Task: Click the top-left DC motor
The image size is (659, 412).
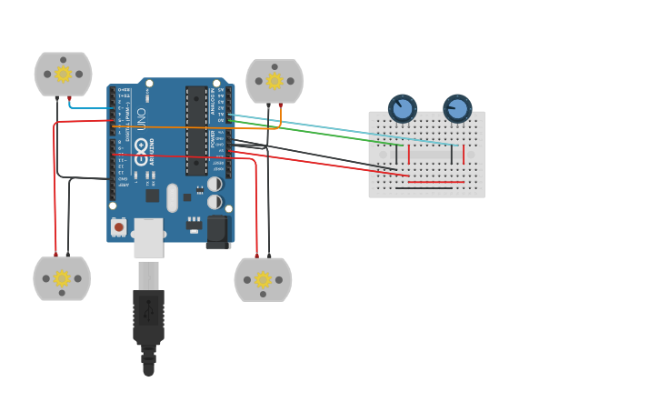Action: (x=63, y=74)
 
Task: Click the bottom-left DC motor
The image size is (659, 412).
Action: (x=62, y=278)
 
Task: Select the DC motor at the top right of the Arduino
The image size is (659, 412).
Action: (x=275, y=81)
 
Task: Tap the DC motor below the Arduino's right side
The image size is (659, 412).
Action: (x=263, y=279)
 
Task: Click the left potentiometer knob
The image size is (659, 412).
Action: (x=402, y=108)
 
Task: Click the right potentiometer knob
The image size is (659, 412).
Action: (x=457, y=108)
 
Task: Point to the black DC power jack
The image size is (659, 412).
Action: (x=218, y=232)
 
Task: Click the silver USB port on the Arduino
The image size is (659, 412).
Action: (x=148, y=237)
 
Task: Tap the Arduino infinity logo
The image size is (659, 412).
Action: (x=141, y=146)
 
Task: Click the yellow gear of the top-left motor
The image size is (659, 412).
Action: (x=63, y=74)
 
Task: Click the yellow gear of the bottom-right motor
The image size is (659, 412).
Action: (x=263, y=279)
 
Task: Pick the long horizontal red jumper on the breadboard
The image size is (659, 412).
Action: (x=435, y=182)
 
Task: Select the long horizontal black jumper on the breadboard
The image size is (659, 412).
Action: (x=424, y=188)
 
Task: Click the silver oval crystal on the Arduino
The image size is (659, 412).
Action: (x=172, y=197)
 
